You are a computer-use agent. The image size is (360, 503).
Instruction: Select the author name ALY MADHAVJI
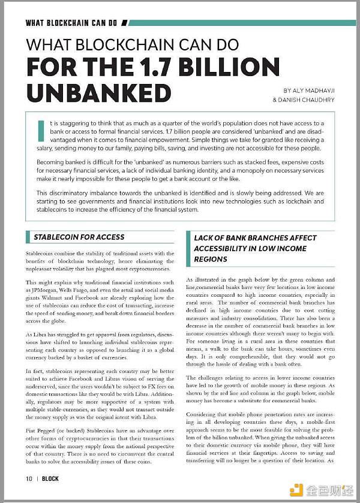pyautogui.click(x=308, y=89)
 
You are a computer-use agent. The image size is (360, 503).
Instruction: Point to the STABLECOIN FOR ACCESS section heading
pyautogui.click(x=79, y=237)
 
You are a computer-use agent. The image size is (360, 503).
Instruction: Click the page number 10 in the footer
pyautogui.click(x=28, y=479)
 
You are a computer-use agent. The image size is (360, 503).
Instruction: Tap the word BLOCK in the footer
pyautogui.click(x=50, y=479)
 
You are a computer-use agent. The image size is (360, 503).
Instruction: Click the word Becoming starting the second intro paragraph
pyautogui.click(x=53, y=162)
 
